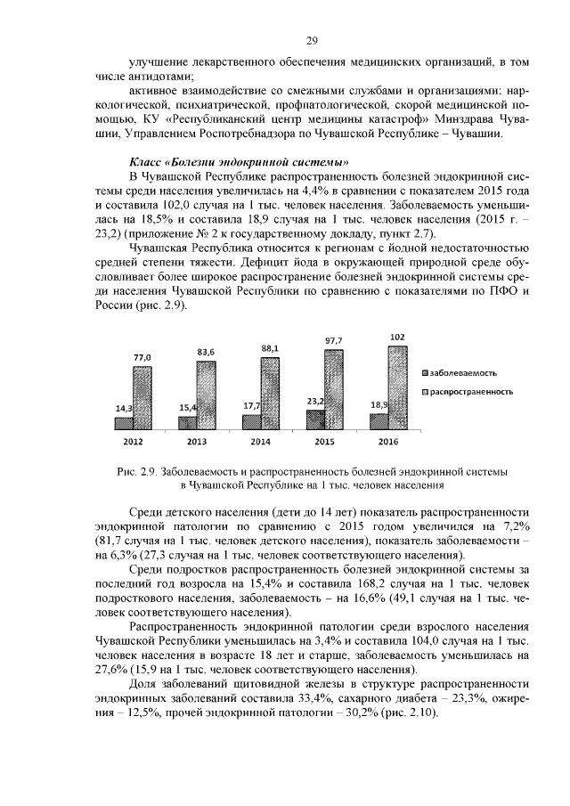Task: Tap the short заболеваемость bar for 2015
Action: coord(315,422)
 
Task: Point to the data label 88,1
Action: coord(270,348)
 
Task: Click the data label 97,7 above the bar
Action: coord(333,340)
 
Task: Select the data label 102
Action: coord(397,337)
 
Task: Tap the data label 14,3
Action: coord(124,409)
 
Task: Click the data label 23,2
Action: coord(314,402)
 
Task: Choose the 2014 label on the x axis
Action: coord(261,443)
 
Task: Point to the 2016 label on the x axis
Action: coord(388,443)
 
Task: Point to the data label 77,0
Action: coord(142,357)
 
